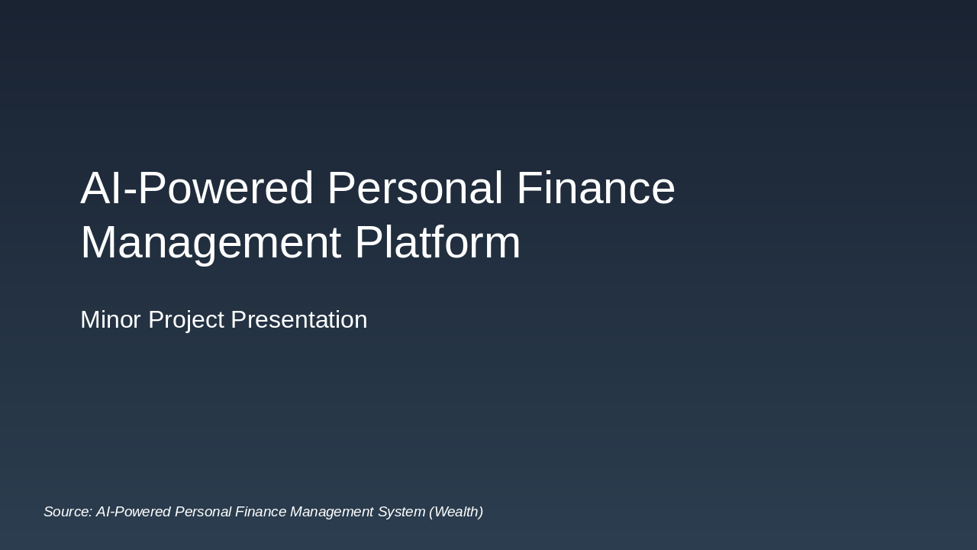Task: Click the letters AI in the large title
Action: pos(101,189)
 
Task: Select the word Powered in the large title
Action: pos(226,189)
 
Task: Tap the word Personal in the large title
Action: pos(414,189)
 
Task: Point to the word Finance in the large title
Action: pos(595,189)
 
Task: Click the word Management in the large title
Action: pos(211,244)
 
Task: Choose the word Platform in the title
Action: pos(437,244)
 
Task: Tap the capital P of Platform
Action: pos(367,244)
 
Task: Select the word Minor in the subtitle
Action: pos(111,319)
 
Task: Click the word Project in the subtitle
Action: pos(185,320)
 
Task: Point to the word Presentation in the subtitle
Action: pos(298,319)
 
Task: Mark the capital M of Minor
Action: pos(90,319)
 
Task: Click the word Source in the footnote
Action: pos(66,512)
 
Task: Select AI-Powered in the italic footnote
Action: pos(134,512)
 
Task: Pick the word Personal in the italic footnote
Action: pos(203,512)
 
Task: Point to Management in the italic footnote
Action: pos(332,513)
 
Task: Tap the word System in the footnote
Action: pos(401,513)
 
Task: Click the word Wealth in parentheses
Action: pos(456,512)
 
